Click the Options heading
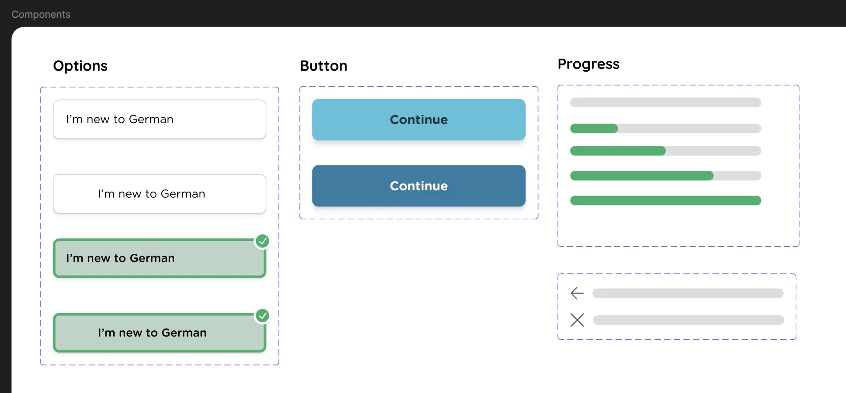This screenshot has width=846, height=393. pos(80,66)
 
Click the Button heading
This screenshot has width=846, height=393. pos(323,66)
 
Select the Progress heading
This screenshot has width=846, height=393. pos(588,64)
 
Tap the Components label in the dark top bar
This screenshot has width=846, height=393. pos(41,14)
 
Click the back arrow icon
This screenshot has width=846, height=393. pos(577,293)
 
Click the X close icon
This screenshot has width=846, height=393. pos(577,320)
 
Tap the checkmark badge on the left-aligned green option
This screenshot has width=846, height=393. pos(263,241)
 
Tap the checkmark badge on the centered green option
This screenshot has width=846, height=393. pos(263,316)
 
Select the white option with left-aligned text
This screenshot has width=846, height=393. pos(160,119)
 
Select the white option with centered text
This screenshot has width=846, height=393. pos(160,194)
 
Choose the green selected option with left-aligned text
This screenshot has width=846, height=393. pos(160,258)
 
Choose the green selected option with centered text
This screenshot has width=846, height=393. pos(160,333)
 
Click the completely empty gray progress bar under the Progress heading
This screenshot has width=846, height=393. pos(665,103)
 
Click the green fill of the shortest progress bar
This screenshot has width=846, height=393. pos(594,128)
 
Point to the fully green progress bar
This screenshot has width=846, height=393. pos(665,201)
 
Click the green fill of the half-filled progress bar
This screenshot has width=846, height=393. pos(618,151)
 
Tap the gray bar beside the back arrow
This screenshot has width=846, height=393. pos(687,293)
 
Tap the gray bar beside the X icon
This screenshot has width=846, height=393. pos(688,320)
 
